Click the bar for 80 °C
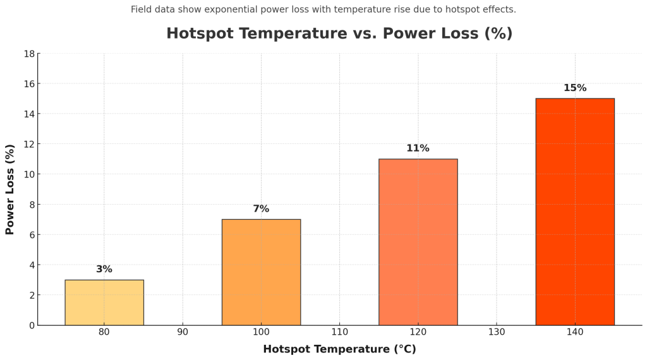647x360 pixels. (104, 303)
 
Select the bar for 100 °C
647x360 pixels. (261, 272)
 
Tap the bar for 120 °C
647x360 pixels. (418, 242)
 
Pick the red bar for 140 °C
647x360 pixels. (575, 212)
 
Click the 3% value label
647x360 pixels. (104, 270)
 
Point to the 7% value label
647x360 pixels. (261, 209)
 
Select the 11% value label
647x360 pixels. (418, 148)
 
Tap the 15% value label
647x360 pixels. (575, 88)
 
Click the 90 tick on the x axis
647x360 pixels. (183, 332)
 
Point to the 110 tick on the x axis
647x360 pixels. (339, 332)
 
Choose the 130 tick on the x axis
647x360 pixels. (496, 332)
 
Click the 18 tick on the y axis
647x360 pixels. (29, 54)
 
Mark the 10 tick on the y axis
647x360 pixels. (29, 174)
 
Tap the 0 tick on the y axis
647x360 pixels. (32, 325)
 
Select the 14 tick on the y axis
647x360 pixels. (29, 114)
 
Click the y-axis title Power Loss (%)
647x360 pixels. (10, 189)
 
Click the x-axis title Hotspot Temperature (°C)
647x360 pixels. (339, 349)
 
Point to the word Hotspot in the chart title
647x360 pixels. (197, 34)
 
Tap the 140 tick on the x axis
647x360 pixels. (575, 332)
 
